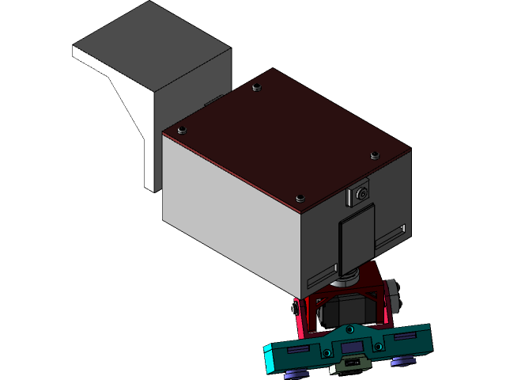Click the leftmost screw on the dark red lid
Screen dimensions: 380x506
pyautogui.click(x=182, y=129)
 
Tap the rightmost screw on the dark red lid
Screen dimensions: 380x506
pyautogui.click(x=374, y=155)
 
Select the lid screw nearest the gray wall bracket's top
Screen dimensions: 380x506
pyautogui.click(x=255, y=87)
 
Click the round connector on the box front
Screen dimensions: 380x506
pyautogui.click(x=361, y=192)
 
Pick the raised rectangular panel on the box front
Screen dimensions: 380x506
pyautogui.click(x=357, y=236)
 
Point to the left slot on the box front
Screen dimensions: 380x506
pyautogui.click(x=321, y=276)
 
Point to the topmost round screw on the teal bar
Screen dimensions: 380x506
pyautogui.click(x=347, y=328)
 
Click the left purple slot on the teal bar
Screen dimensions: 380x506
pyautogui.click(x=300, y=349)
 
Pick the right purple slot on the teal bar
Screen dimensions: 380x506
pyautogui.click(x=404, y=336)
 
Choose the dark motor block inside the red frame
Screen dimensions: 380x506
pyautogui.click(x=348, y=309)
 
